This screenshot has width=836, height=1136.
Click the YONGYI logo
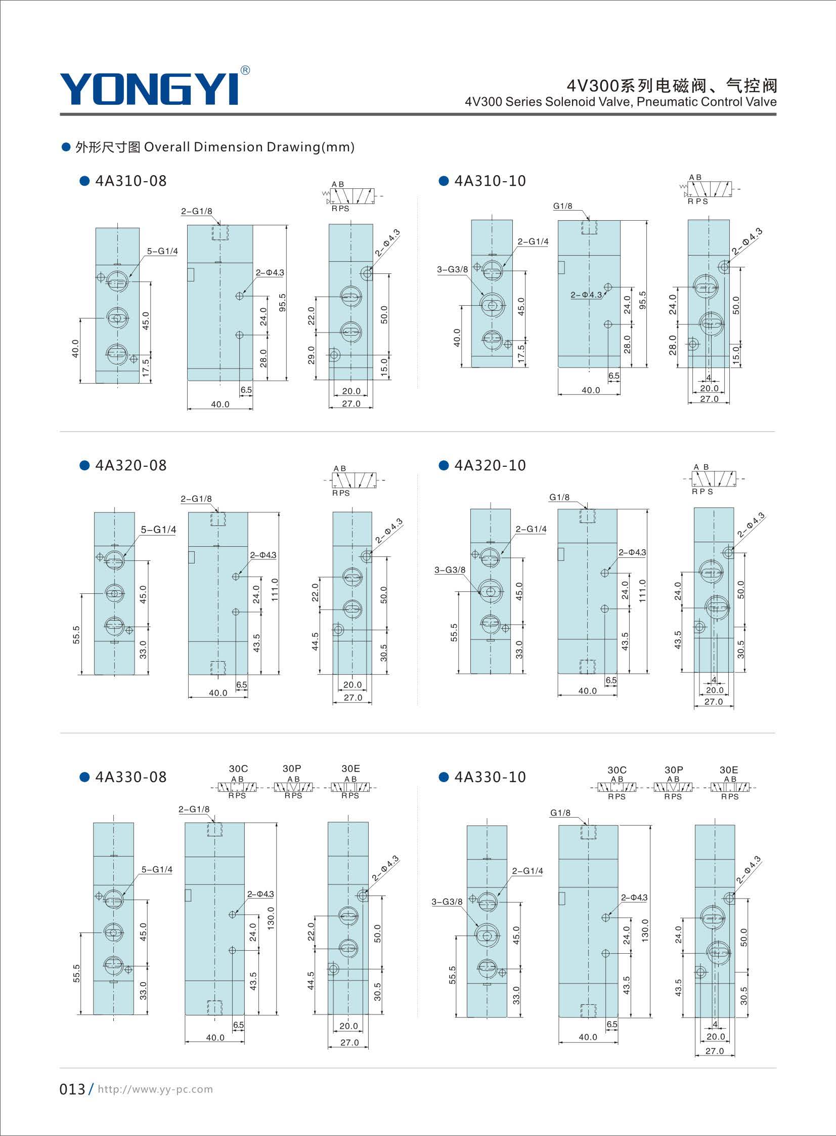[x=149, y=89]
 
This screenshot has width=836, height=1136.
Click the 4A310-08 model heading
[x=130, y=181]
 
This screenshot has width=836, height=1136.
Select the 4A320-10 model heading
[x=490, y=465]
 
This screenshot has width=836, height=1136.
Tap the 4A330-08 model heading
[x=130, y=777]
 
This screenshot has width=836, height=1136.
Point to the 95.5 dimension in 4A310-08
[x=282, y=302]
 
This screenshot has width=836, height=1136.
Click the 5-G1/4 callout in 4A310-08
[x=162, y=251]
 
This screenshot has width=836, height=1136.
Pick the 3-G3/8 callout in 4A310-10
[x=453, y=269]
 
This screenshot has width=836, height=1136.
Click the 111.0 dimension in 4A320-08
[x=275, y=590]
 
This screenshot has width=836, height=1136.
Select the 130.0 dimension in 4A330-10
[x=645, y=930]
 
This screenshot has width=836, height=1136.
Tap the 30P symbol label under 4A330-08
[x=291, y=769]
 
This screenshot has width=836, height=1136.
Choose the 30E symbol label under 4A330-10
[x=729, y=770]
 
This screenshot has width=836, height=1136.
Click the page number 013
[x=72, y=1089]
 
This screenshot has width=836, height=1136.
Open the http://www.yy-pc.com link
[x=155, y=1089]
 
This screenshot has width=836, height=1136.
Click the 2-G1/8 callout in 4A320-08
[x=196, y=499]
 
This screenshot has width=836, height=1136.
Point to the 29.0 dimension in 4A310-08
[x=311, y=355]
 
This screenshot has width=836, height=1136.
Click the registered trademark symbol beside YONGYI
[x=244, y=70]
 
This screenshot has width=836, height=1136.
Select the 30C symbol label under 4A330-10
[x=617, y=770]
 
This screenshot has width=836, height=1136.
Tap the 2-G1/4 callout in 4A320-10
[x=532, y=529]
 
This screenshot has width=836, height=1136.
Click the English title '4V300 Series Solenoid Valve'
[x=549, y=102]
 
